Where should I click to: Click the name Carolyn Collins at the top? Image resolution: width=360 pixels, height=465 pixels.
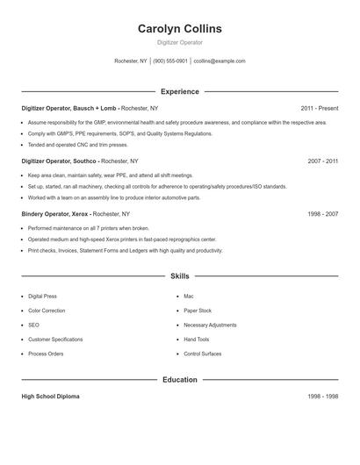coord(180,29)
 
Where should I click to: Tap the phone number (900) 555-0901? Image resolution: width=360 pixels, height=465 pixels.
coord(170,61)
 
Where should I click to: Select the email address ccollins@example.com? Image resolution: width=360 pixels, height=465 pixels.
coord(220,61)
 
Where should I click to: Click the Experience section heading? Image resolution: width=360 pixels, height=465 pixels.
coord(180,91)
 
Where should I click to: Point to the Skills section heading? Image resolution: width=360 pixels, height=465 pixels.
coord(180,275)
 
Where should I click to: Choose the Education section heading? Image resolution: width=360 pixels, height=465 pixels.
coord(180,380)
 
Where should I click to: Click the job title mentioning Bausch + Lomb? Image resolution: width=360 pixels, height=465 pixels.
coord(69,109)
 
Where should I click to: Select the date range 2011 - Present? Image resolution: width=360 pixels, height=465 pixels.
coord(319,109)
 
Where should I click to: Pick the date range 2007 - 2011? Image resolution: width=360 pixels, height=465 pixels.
coord(323,161)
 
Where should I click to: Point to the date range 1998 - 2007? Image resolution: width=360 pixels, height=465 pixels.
coord(323,213)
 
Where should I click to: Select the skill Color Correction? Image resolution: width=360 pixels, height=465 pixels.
coord(46,311)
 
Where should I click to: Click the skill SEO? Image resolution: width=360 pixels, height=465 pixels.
coord(33,325)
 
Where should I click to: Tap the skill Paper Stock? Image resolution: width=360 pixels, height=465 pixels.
coord(198,311)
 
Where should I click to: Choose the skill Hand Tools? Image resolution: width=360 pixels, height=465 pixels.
coord(197,339)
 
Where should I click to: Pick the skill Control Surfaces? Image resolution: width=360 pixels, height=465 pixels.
coord(203,354)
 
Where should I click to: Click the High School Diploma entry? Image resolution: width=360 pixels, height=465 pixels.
coord(50,397)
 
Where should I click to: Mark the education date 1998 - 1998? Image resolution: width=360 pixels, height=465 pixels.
coord(323,397)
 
